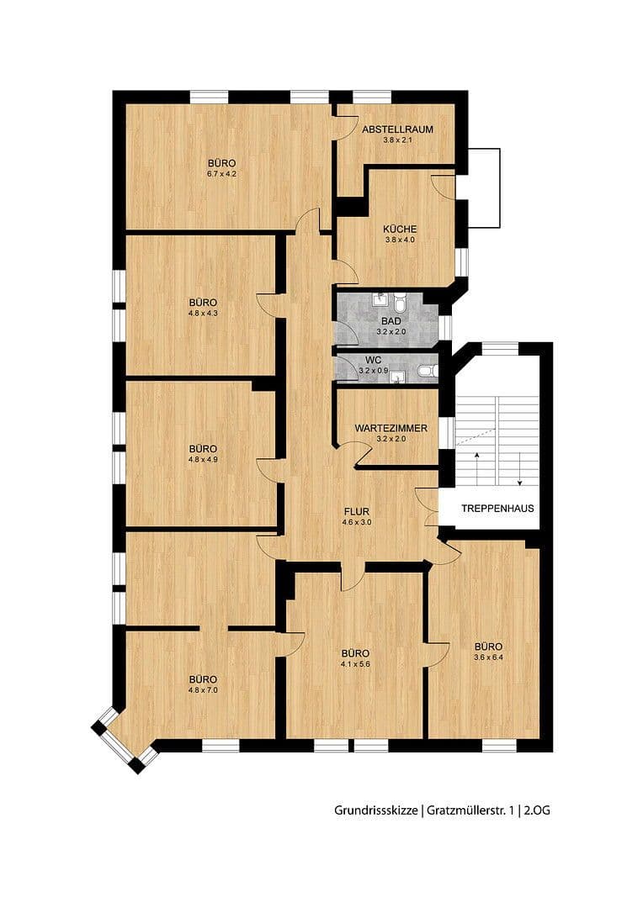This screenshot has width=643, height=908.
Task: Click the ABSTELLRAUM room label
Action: [x=397, y=129]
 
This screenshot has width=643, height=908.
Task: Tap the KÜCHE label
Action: [x=400, y=229]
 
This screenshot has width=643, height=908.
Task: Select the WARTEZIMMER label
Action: [x=391, y=428]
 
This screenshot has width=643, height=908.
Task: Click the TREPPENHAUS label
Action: [x=497, y=509]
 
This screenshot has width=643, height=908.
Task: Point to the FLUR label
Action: [x=357, y=510]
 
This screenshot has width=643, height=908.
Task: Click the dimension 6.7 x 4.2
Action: [x=221, y=174]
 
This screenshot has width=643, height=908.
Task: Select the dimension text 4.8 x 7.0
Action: [x=203, y=690]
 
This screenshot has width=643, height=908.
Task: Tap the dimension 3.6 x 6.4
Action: [x=488, y=657]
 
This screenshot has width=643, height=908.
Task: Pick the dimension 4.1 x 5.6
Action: [x=355, y=663]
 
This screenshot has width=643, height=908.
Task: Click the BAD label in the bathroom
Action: [x=391, y=321]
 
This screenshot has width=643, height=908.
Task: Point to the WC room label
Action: [x=374, y=359]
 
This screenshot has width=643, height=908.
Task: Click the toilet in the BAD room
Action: [x=400, y=301]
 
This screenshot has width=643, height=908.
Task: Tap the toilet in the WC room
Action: [x=428, y=370]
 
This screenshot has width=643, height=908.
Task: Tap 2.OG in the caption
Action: [x=539, y=810]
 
